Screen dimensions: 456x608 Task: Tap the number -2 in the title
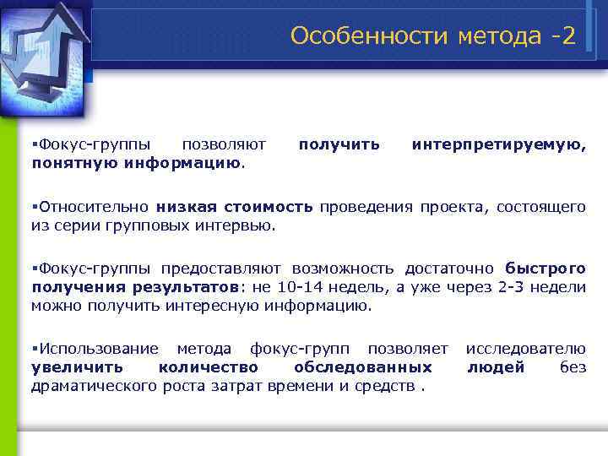(559, 35)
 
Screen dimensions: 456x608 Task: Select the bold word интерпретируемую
(498, 144)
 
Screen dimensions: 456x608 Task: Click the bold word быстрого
(546, 269)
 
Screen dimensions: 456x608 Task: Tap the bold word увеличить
(76, 366)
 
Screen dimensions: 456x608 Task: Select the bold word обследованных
(363, 366)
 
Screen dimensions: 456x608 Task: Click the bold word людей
(496, 366)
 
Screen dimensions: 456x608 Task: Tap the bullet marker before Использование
(34, 348)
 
